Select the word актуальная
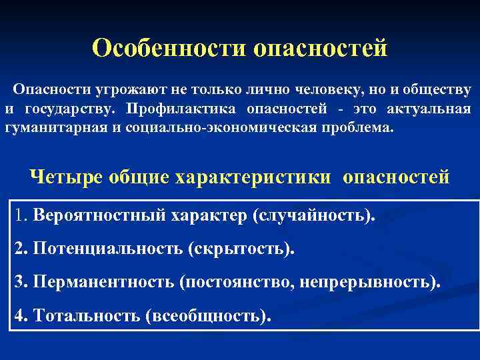(x=434, y=109)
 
